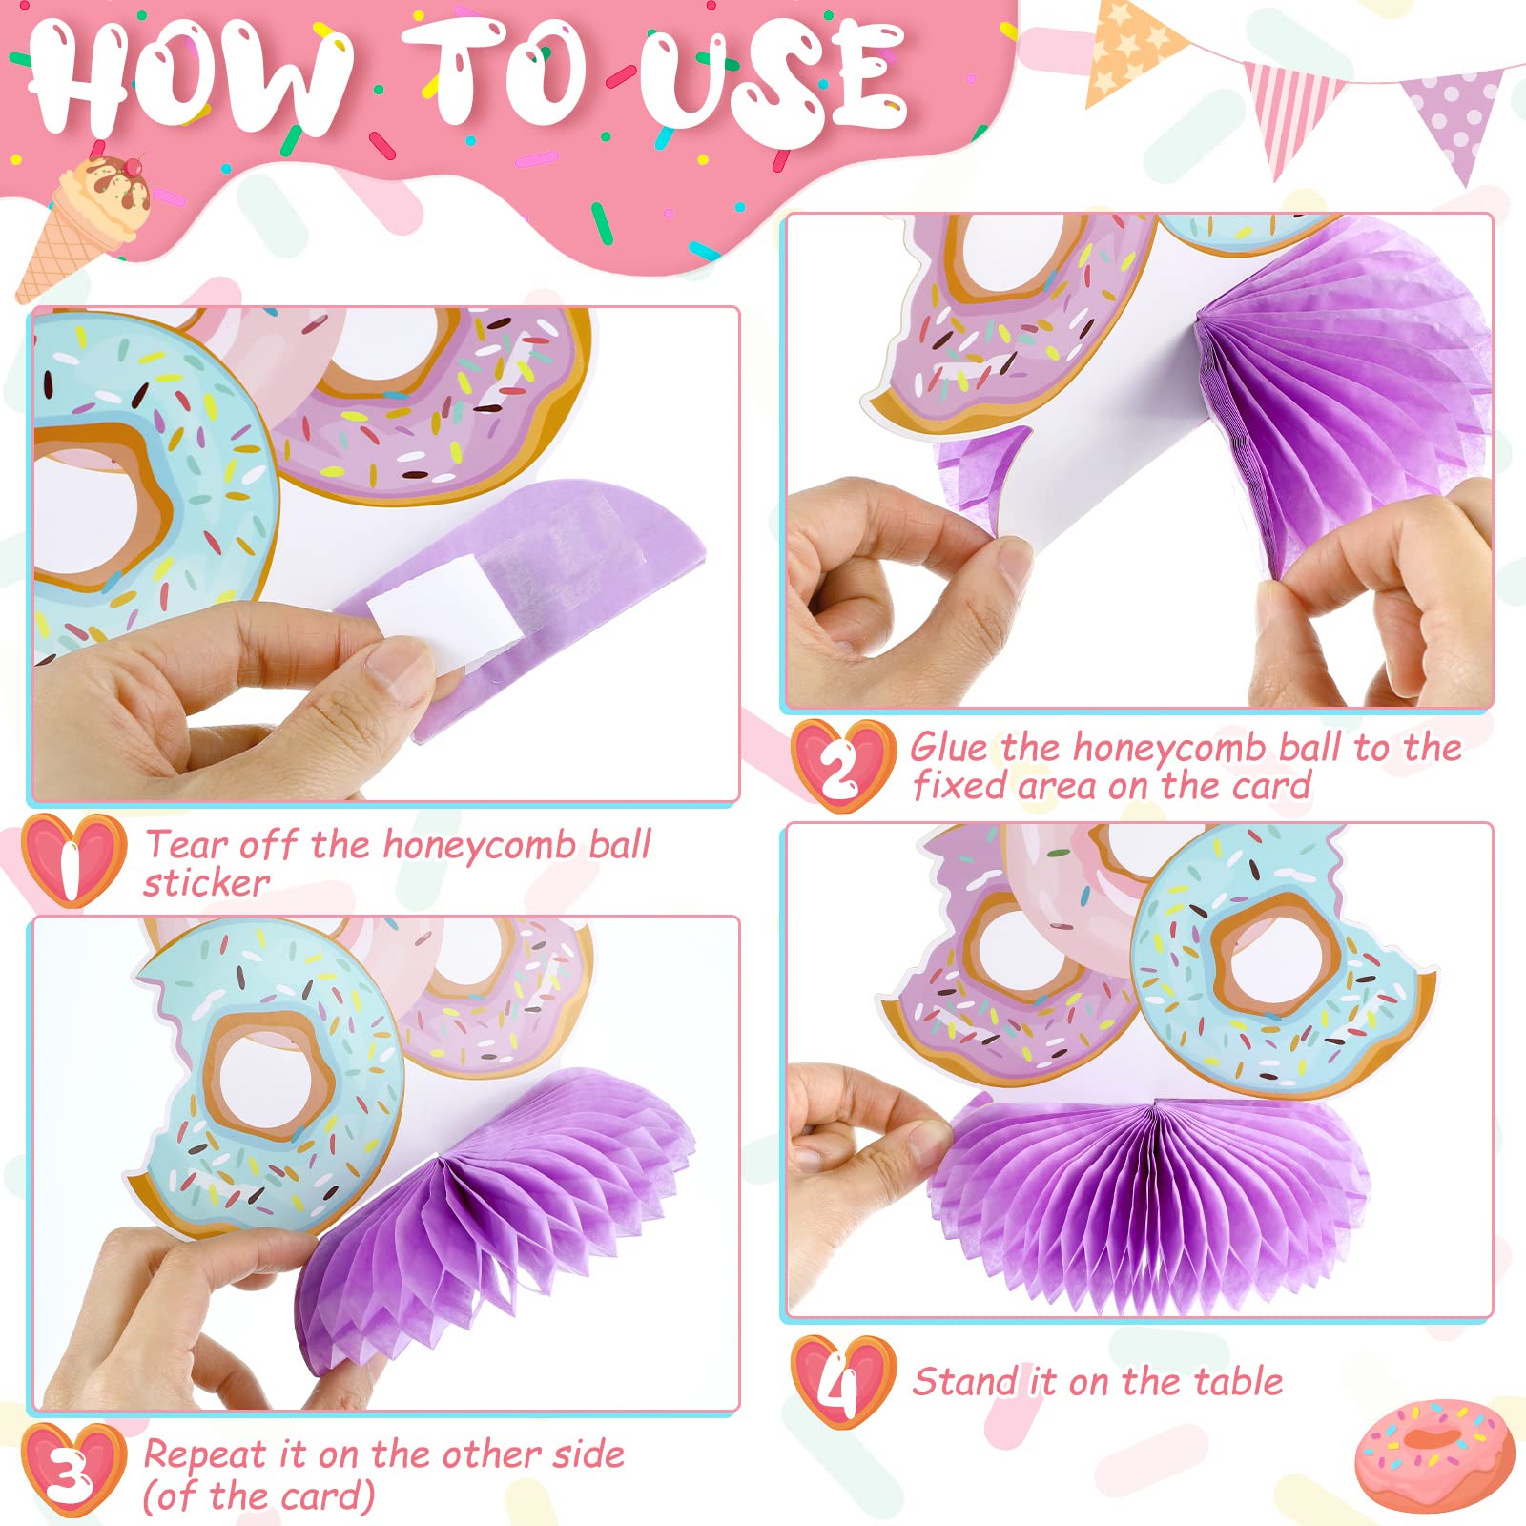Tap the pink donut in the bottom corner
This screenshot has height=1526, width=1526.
coord(1434,1455)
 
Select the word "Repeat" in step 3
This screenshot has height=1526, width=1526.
coord(204,1456)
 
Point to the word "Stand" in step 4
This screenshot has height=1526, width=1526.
coord(964,1381)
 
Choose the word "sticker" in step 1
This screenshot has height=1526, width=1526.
coord(206,883)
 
